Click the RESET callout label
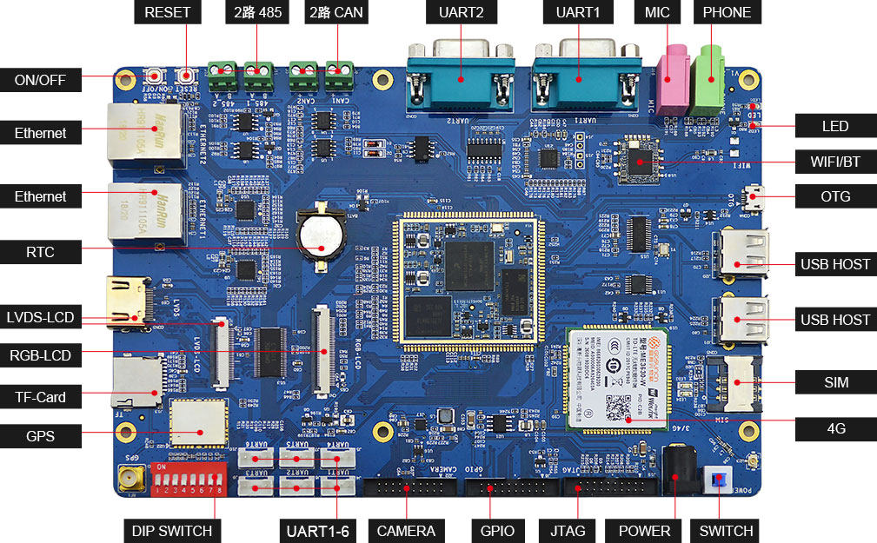coord(167,13)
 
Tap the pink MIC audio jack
coord(672,81)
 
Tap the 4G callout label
coord(835,427)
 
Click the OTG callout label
coord(834,196)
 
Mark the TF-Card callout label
coord(40,397)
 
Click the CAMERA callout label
coord(406,531)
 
